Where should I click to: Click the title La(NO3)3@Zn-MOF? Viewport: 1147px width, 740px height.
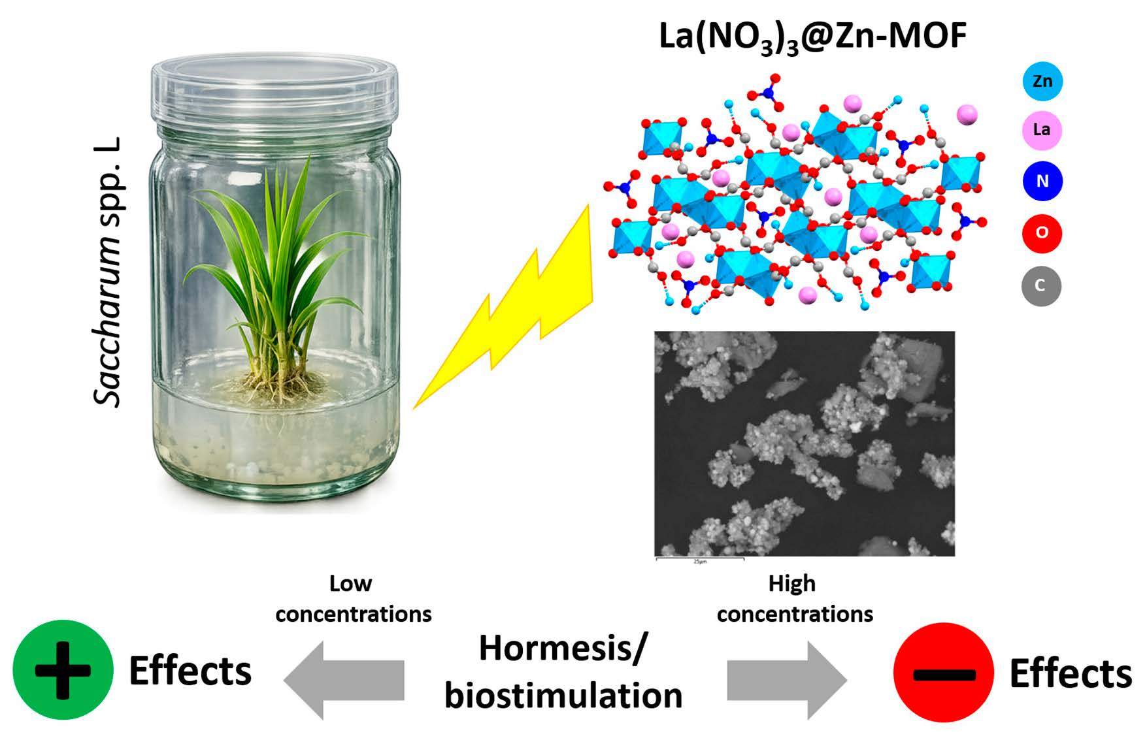[812, 37]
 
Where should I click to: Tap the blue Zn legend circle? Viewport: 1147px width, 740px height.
[1042, 81]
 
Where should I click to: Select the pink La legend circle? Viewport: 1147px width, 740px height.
[1041, 130]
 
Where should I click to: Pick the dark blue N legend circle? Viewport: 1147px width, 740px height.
[1042, 181]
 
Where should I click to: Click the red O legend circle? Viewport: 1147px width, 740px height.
[1042, 233]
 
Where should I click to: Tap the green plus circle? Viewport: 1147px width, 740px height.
[63, 669]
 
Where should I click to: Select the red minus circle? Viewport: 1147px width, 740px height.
[943, 672]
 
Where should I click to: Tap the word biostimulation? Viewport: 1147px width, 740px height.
[563, 696]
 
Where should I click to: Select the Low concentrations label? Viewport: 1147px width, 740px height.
[353, 599]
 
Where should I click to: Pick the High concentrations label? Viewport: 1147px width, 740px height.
[794, 599]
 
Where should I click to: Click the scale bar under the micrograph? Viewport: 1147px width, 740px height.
[699, 559]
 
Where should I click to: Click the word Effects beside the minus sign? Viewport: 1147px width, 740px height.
[1070, 674]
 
